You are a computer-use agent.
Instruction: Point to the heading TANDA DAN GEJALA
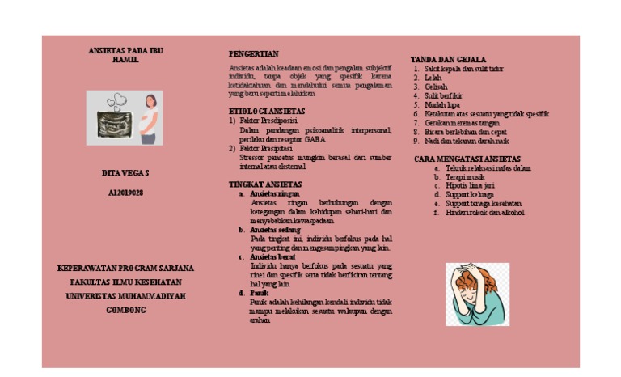448,60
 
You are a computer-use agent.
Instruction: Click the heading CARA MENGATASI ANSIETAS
467,159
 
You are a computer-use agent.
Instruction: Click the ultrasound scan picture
116,118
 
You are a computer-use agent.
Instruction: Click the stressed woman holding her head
477,294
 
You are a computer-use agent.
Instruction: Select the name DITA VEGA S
125,173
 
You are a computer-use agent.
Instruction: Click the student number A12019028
125,193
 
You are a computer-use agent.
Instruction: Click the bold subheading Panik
260,293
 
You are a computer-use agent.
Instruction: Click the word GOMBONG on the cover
125,310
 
